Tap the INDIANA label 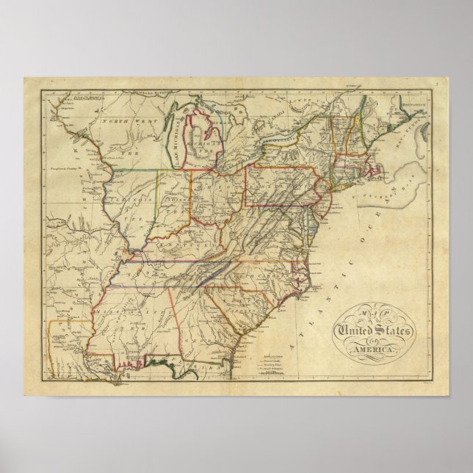(173, 198)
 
